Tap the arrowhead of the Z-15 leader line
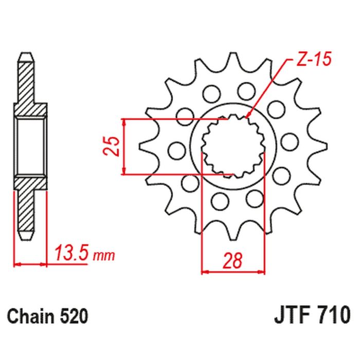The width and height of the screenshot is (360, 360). [248, 116]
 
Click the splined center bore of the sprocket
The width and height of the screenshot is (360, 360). [233, 147]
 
